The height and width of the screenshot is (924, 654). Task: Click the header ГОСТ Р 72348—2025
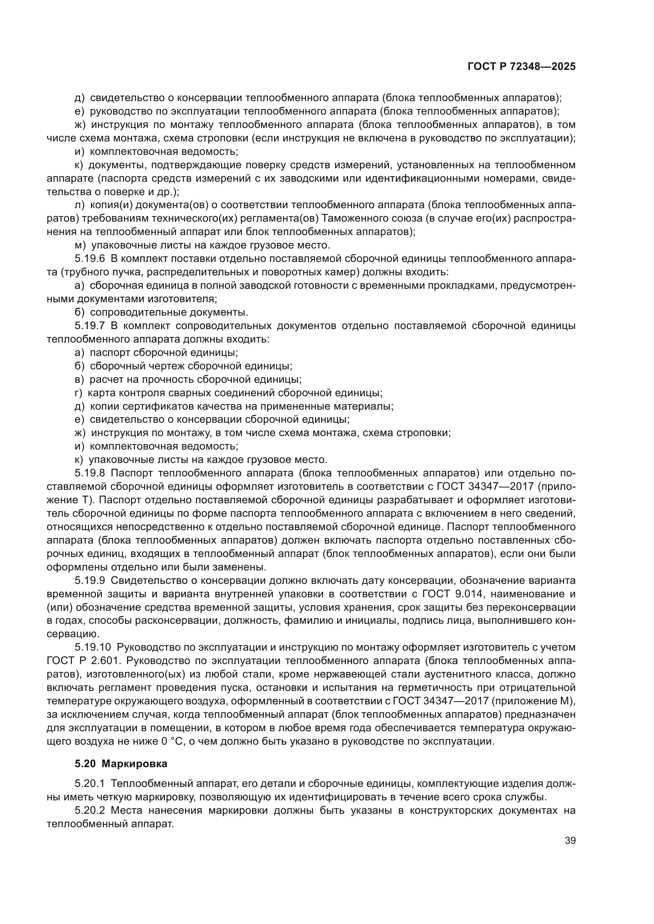[x=522, y=67]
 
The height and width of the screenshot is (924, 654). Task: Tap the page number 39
[x=570, y=841]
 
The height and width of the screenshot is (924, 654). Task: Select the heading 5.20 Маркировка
[x=121, y=764]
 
